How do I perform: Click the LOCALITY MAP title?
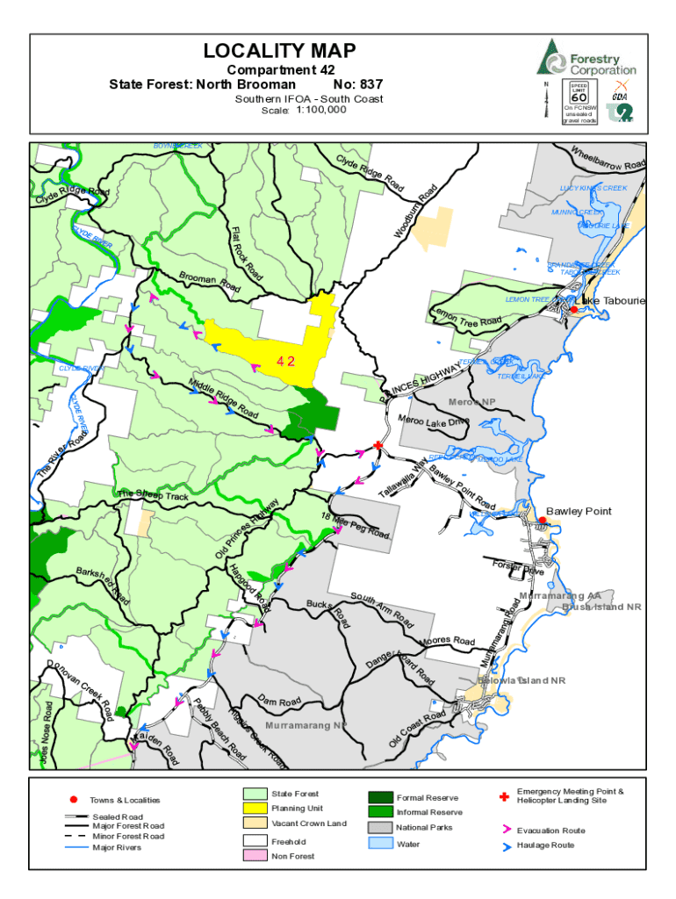[x=279, y=52]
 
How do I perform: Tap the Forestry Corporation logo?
[x=586, y=57]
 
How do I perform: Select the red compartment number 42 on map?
[x=285, y=361]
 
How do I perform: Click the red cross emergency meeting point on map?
[x=378, y=446]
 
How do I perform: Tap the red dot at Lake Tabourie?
[x=573, y=309]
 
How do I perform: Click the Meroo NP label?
[x=472, y=402]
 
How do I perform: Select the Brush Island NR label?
[x=601, y=607]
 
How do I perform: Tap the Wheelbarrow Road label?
[x=608, y=157]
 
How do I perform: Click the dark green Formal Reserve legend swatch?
[x=381, y=797]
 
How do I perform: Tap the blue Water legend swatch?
[x=381, y=844]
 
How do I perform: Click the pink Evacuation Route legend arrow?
[x=507, y=830]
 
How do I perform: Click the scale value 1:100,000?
[x=321, y=111]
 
